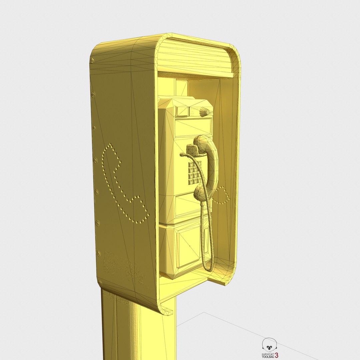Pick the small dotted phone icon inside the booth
click(x=221, y=196)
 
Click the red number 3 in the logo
click(x=276, y=355)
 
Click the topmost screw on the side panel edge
click(x=92, y=60)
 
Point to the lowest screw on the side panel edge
click(x=98, y=254)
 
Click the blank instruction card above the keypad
click(x=193, y=127)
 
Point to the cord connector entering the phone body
click(x=182, y=155)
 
